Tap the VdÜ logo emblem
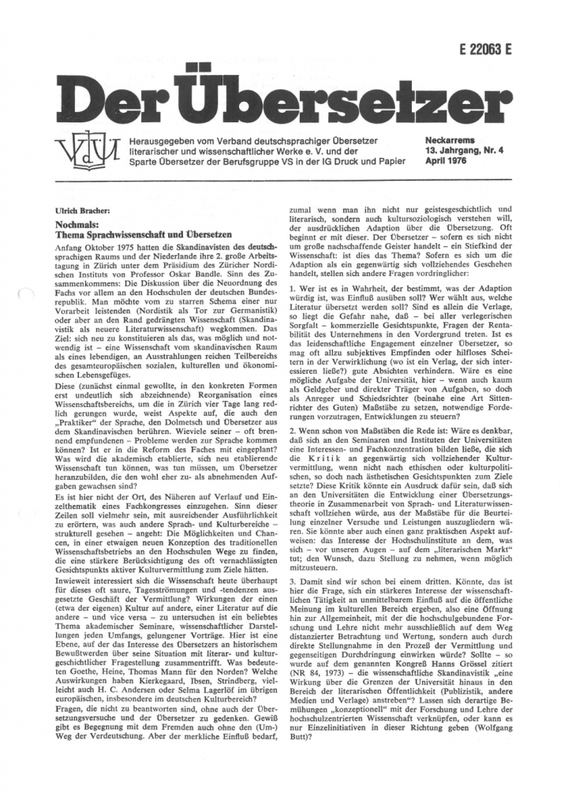tap(88, 151)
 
